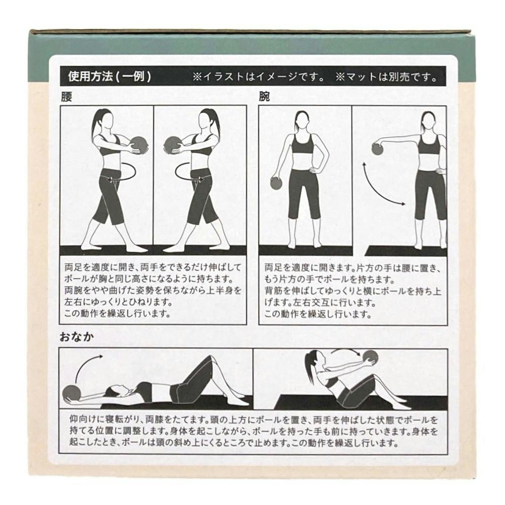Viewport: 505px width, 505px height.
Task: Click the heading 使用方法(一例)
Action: pyautogui.click(x=110, y=77)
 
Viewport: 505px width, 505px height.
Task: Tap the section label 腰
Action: pyautogui.click(x=66, y=96)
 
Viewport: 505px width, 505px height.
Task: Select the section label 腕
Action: pyautogui.click(x=265, y=96)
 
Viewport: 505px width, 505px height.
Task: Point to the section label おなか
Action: pyautogui.click(x=77, y=337)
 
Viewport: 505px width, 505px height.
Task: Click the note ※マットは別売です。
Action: pyautogui.click(x=386, y=77)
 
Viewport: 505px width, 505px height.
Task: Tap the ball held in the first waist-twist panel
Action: pyautogui.click(x=139, y=147)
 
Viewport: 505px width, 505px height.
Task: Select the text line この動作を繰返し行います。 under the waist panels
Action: pyautogui.click(x=117, y=314)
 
